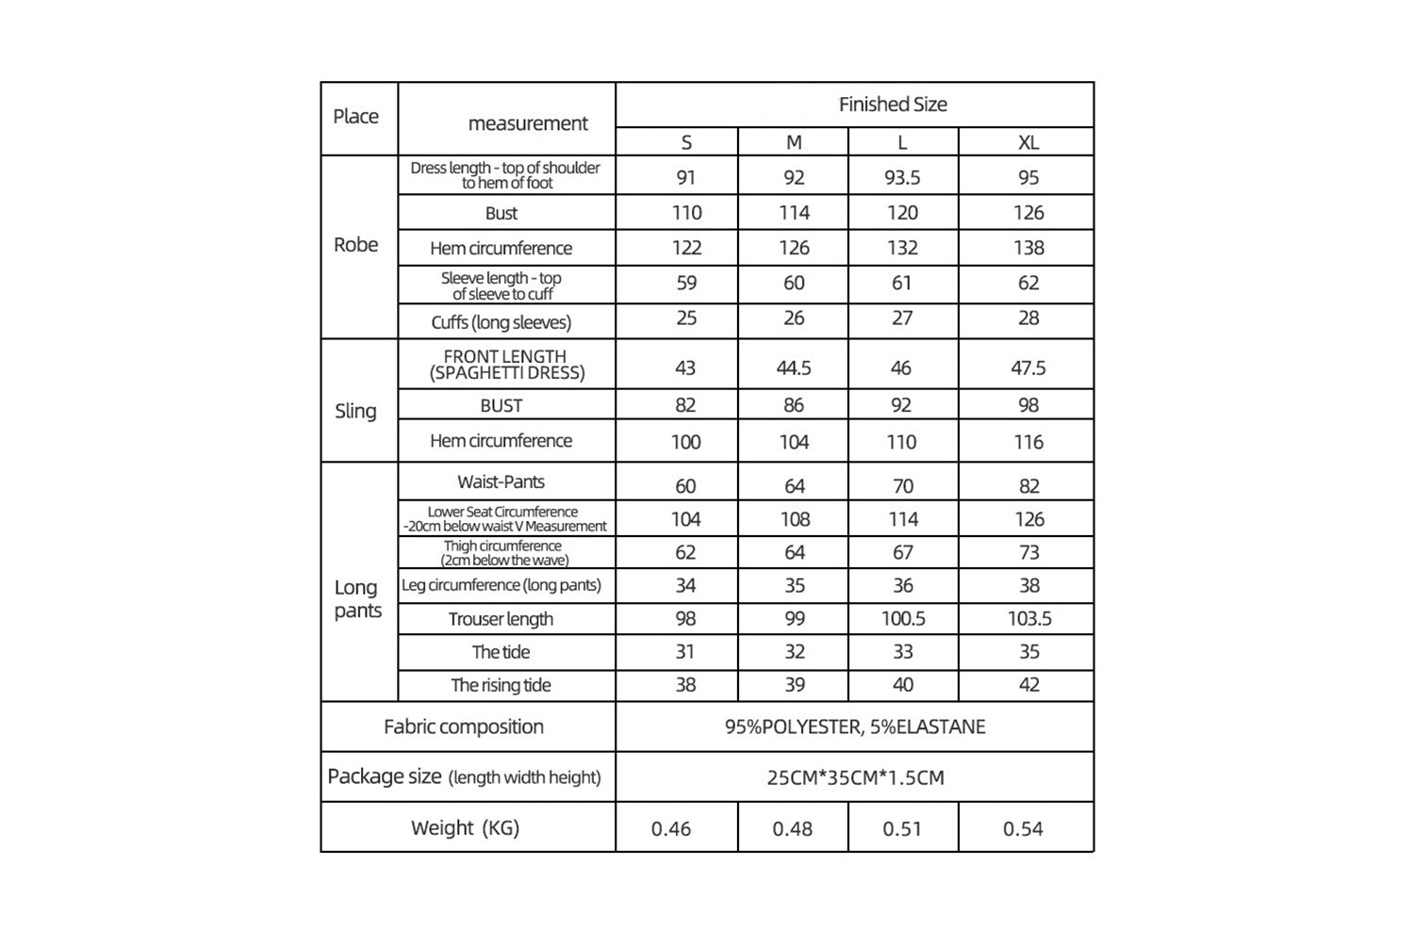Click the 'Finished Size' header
(893, 105)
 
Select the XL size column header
(1028, 142)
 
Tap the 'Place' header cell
(355, 117)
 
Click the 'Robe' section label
(355, 245)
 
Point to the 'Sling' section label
(355, 411)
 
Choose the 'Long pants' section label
(357, 598)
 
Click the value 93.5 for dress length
(902, 177)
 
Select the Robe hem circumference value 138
(1028, 248)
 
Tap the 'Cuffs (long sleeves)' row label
(501, 322)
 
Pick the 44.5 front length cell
(794, 367)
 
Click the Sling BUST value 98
(1028, 405)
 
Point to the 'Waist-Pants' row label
(501, 481)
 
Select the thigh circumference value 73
(1028, 552)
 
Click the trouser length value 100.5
(902, 619)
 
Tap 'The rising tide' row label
(501, 685)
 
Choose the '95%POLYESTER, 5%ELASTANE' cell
(854, 726)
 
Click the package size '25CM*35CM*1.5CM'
(854, 777)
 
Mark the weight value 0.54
(1023, 829)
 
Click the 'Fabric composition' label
(464, 726)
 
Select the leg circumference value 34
(685, 585)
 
